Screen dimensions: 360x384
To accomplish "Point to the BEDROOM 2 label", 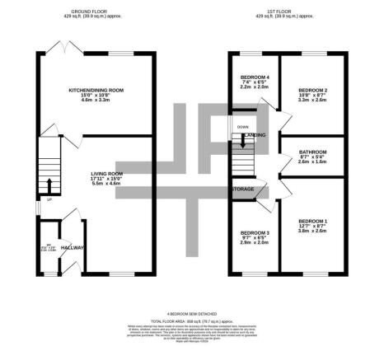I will pos(312,90).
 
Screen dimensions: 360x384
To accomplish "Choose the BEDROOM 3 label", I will pos(253,231).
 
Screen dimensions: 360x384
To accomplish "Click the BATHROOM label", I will pos(312,152).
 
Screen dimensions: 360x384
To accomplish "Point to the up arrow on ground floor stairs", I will pos(50,183).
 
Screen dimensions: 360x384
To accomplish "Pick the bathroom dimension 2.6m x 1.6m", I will pos(312,164).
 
